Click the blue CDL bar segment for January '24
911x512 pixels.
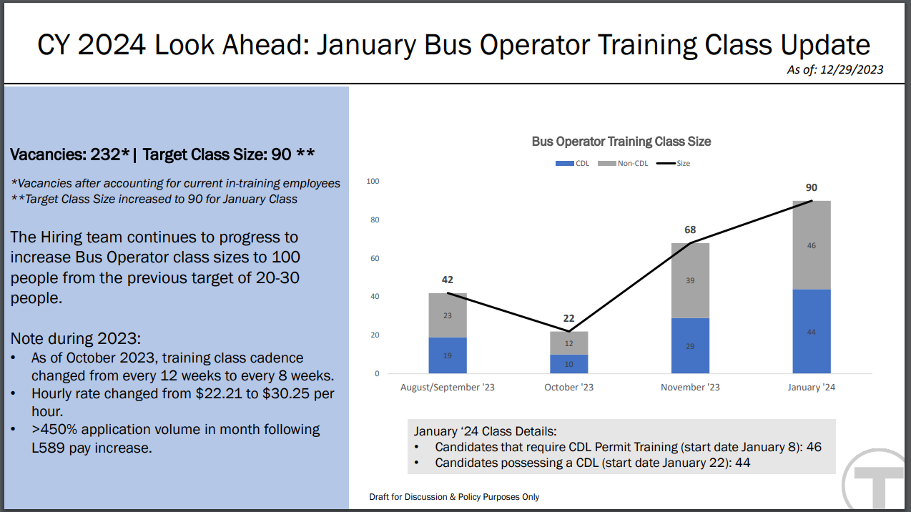tap(812, 331)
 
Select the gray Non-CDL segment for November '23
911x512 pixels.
tap(690, 280)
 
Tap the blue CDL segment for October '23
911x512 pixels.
tap(569, 364)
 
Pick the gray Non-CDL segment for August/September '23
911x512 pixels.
tap(448, 315)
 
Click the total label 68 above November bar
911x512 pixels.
tap(690, 230)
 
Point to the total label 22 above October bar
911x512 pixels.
tap(569, 318)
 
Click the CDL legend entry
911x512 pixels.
tap(572, 164)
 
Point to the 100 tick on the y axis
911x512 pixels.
tap(373, 182)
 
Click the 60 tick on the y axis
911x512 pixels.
tap(375, 258)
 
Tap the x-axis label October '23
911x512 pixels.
tap(569, 388)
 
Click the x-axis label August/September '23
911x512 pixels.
tap(448, 388)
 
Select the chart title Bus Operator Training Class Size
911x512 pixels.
tap(621, 142)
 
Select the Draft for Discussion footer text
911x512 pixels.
tap(454, 496)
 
